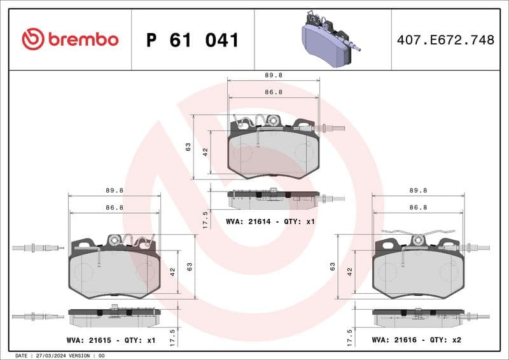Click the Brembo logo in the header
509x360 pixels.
coord(70,39)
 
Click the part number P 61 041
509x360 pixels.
coord(192,40)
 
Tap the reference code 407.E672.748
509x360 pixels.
coord(445,40)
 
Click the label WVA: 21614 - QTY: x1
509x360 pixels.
coord(270,221)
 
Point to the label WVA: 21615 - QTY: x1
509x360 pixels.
coord(111,340)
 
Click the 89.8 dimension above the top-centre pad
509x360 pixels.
coord(274,74)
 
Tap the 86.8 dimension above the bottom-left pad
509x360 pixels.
coord(115,207)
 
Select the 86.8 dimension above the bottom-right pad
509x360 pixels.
coord(418,207)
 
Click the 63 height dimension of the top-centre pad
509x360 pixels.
coord(188,147)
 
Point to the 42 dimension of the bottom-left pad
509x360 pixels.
coord(172,271)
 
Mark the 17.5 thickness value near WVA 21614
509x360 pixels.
coord(205,220)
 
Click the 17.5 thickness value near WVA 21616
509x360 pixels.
coord(348,336)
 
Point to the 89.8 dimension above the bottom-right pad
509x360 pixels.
coord(418,190)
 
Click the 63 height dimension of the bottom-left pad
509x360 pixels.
coord(189,267)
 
